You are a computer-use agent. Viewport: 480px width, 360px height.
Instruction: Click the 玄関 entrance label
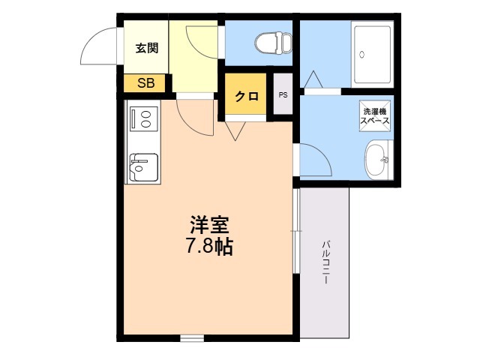(x=147, y=48)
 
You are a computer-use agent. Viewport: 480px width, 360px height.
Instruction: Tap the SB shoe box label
(x=146, y=83)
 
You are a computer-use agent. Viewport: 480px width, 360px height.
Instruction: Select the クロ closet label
(x=247, y=97)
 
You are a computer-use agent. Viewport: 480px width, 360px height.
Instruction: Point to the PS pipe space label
(x=283, y=95)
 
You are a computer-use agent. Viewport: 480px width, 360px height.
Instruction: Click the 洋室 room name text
(x=209, y=225)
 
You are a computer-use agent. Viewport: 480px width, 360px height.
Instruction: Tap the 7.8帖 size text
(x=210, y=247)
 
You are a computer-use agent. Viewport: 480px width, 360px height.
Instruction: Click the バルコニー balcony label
(x=325, y=262)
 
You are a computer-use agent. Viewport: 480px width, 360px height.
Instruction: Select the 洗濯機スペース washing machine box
(x=375, y=115)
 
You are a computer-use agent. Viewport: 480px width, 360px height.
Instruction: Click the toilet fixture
(x=273, y=43)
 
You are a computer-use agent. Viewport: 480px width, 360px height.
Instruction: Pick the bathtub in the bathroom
(x=372, y=55)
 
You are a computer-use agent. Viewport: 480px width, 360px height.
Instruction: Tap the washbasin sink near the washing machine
(x=377, y=160)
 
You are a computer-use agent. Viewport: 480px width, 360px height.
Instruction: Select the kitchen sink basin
(x=144, y=166)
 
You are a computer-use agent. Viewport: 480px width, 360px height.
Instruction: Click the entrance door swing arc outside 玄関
(x=91, y=38)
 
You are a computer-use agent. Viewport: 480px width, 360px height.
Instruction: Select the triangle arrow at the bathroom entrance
(x=313, y=79)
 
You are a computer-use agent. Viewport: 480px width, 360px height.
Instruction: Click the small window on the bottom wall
(x=192, y=338)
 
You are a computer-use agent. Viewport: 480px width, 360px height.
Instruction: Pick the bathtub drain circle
(x=362, y=55)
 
